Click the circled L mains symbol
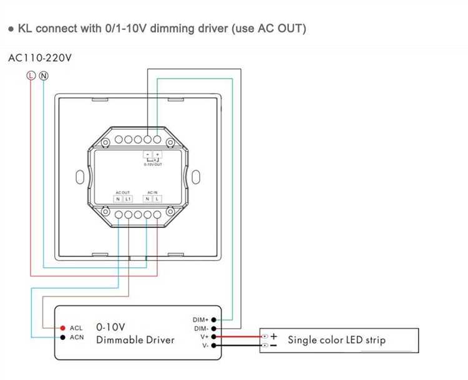pos(31,76)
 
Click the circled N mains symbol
pos(43,76)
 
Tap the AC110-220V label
pos(40,59)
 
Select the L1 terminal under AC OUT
pos(127,198)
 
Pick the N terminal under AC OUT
pos(118,198)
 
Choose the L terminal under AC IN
pos(157,198)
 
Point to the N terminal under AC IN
pos(147,198)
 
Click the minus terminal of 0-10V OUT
pos(148,153)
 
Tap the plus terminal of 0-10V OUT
pos(157,153)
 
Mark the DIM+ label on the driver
pos(201,319)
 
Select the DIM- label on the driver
pos(201,328)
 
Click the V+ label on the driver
pos(204,336)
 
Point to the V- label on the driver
pos(204,345)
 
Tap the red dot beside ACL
pos(63,328)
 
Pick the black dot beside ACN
pos(63,338)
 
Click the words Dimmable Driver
pos(135,340)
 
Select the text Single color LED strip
pos(336,340)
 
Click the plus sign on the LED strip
pos(273,336)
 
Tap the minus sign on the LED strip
pos(273,345)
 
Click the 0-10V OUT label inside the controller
pos(153,165)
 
